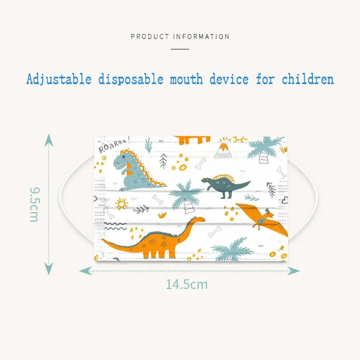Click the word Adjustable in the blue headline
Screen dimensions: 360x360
pyautogui.click(x=59, y=80)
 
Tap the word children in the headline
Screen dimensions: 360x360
pyautogui.click(x=308, y=80)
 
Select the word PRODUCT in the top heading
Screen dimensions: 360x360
pyautogui.click(x=150, y=37)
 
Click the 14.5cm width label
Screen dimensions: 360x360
pyautogui.click(x=186, y=284)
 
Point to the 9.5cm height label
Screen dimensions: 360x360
pyautogui.click(x=35, y=204)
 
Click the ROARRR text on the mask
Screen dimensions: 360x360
pyautogui.click(x=114, y=145)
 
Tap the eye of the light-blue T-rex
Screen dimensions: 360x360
pyautogui.click(x=124, y=157)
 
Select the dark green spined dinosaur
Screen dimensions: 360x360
pyautogui.click(x=225, y=185)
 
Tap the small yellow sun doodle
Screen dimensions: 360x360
pyautogui.click(x=121, y=204)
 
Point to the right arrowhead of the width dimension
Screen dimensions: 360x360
pyautogui.click(x=294, y=271)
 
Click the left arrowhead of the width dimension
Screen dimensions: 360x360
pyautogui.click(x=85, y=271)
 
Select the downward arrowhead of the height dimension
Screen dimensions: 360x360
pyautogui.click(x=49, y=269)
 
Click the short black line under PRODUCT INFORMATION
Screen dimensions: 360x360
pyautogui.click(x=180, y=49)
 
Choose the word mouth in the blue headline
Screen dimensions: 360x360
pyautogui.click(x=186, y=80)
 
